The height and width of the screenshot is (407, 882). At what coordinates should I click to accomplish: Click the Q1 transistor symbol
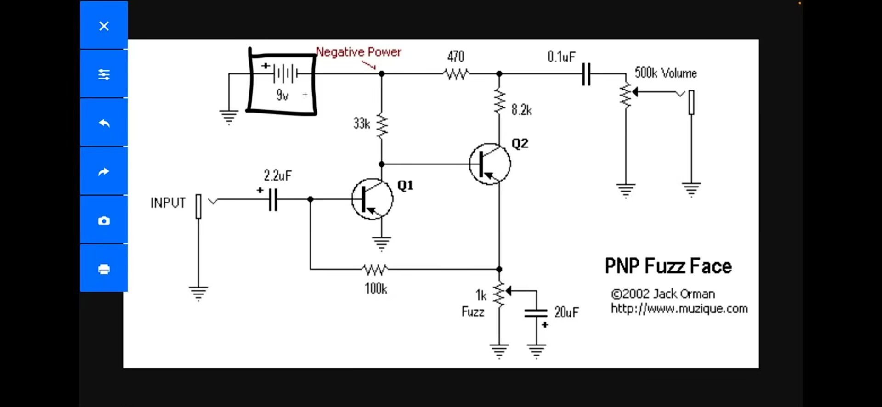click(x=372, y=199)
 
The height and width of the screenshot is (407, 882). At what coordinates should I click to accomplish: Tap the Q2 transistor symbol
click(x=490, y=164)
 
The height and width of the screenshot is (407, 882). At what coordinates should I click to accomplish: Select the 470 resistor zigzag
click(x=456, y=73)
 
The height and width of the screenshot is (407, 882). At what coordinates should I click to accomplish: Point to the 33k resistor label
click(x=362, y=124)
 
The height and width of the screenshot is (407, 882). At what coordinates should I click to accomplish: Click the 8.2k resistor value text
click(x=521, y=110)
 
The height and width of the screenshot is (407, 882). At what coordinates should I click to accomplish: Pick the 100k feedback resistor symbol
click(x=375, y=269)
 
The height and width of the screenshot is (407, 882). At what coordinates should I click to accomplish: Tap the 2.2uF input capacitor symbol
click(x=273, y=199)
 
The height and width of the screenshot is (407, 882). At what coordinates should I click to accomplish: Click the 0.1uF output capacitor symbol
click(x=586, y=74)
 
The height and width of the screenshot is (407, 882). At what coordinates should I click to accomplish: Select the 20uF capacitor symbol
click(x=536, y=313)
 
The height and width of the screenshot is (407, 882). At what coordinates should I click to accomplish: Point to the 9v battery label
click(x=282, y=95)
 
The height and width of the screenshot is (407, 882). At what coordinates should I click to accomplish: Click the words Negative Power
click(x=358, y=52)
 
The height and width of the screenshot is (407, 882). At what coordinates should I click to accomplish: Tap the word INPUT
click(x=168, y=203)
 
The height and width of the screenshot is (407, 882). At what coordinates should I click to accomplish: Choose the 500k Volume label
click(x=666, y=73)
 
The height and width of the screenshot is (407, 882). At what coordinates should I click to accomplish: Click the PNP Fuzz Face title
click(x=668, y=266)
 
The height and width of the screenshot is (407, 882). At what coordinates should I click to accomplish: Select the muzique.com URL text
click(x=679, y=309)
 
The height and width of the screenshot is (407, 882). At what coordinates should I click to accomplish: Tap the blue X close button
click(x=104, y=26)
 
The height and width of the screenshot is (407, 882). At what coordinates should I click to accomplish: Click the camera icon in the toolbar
click(x=104, y=220)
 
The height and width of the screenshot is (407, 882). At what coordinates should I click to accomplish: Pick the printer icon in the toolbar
click(x=104, y=269)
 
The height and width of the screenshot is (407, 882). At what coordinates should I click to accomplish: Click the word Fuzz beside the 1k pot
click(x=473, y=312)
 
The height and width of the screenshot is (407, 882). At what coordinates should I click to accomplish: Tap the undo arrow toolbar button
click(x=104, y=123)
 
